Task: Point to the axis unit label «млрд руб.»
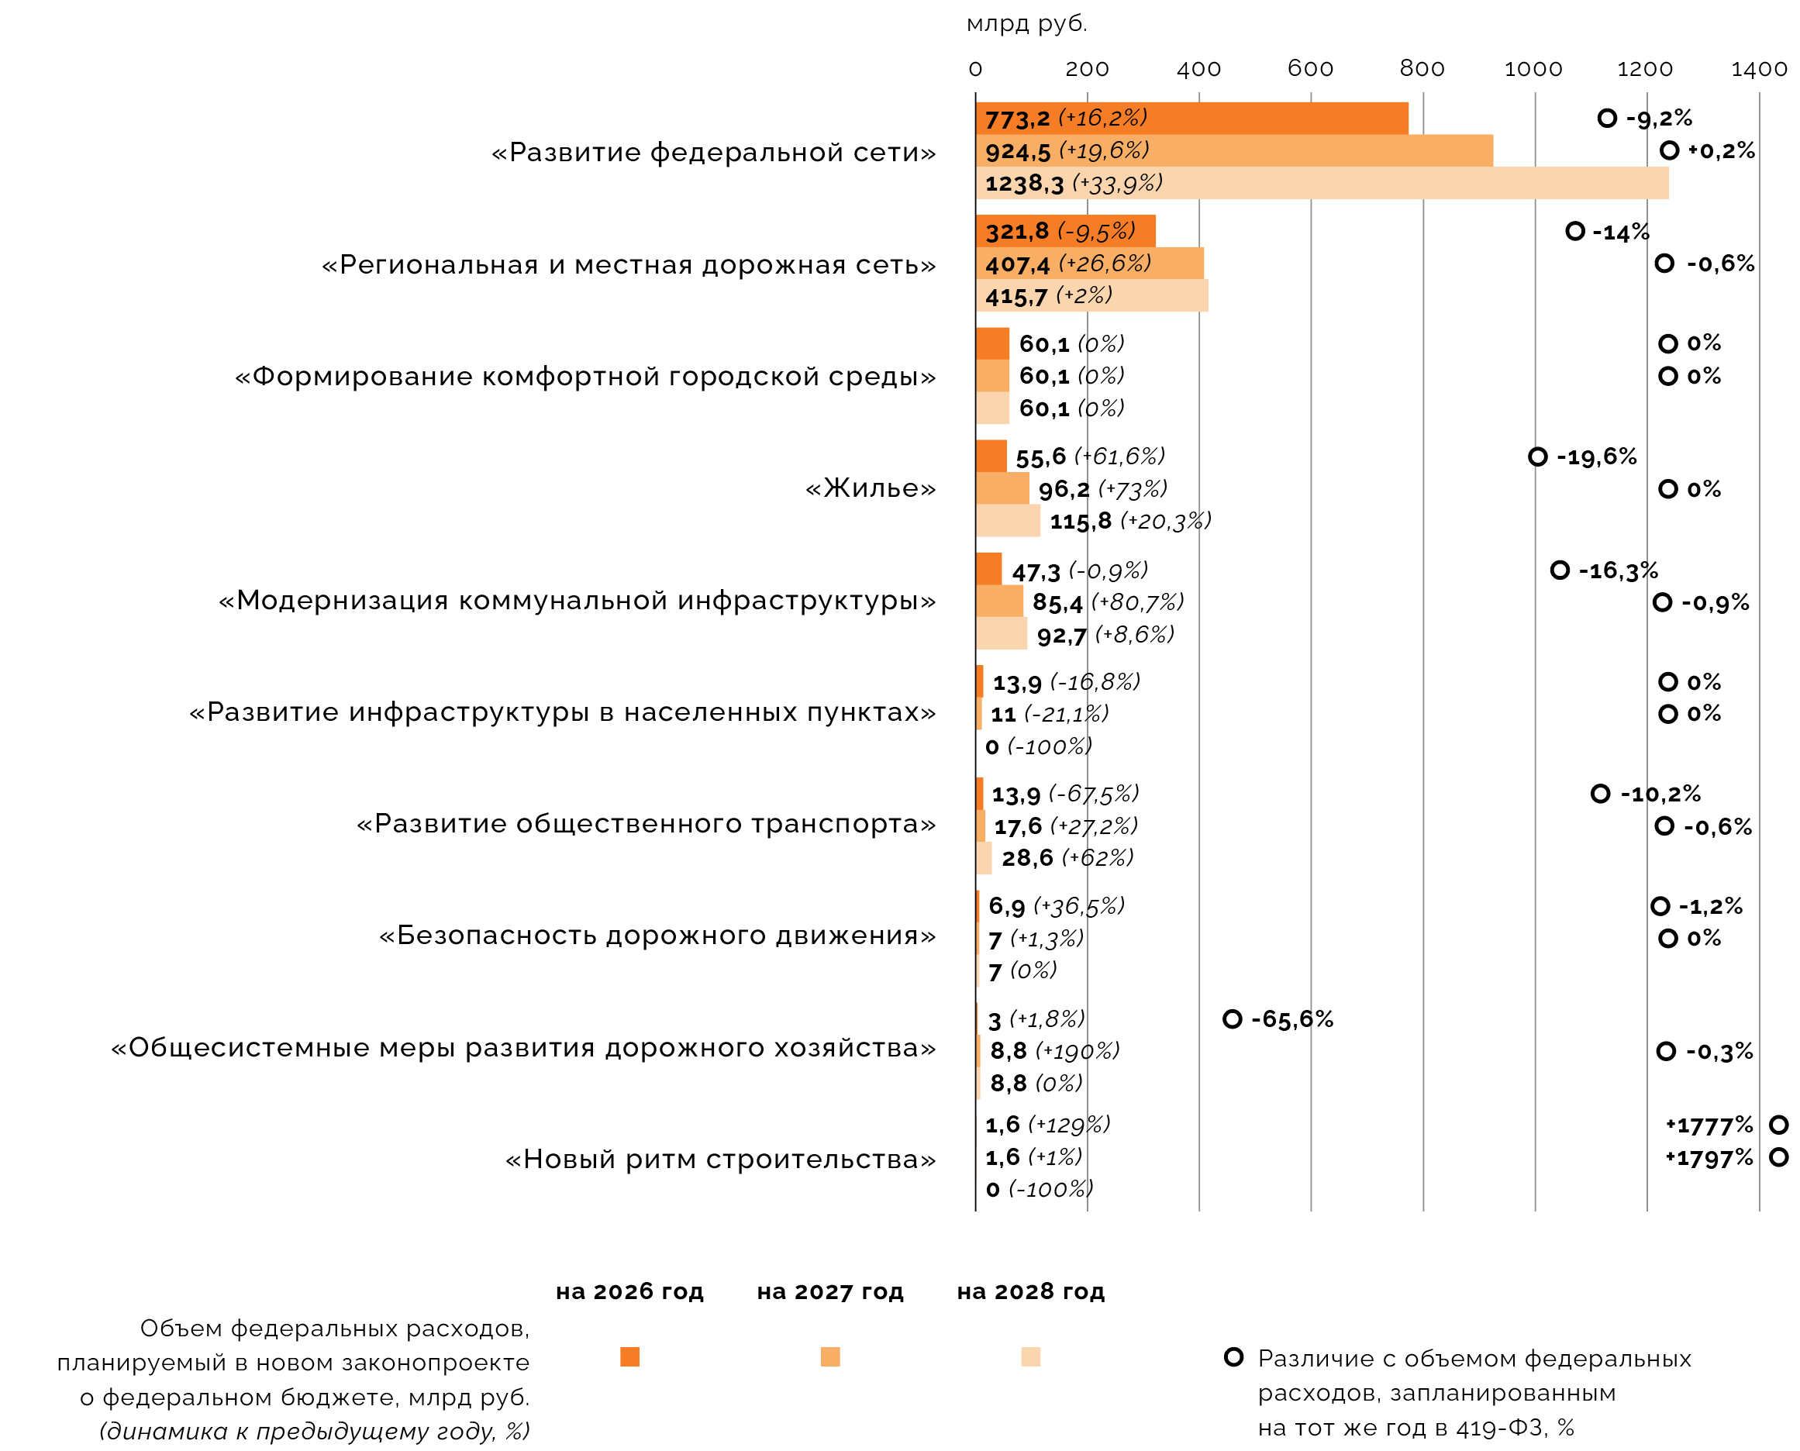point(1026,24)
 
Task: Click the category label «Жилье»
point(870,488)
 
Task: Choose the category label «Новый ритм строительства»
point(720,1160)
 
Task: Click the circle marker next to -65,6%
point(1233,1018)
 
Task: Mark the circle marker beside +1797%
point(1779,1158)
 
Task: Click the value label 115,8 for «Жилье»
point(1080,522)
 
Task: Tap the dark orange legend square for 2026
point(629,1357)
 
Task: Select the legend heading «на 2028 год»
point(1031,1292)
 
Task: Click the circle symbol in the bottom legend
point(1233,1357)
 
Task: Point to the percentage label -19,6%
point(1596,457)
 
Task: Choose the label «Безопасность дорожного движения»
point(657,936)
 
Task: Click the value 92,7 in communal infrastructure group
point(1061,637)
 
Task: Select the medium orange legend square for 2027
point(830,1357)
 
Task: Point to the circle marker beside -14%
point(1575,232)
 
